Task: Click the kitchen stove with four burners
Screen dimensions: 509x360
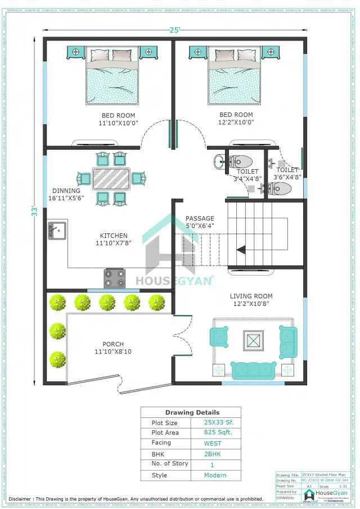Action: (x=114, y=278)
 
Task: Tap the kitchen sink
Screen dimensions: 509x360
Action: (x=57, y=230)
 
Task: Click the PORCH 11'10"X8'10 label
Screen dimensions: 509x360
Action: (x=113, y=348)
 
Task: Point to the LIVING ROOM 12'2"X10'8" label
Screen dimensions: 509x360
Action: (x=251, y=300)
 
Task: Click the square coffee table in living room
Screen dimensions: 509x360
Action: (x=253, y=341)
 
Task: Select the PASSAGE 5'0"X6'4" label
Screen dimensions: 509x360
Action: (x=200, y=222)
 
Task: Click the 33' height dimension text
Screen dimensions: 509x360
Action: (x=34, y=211)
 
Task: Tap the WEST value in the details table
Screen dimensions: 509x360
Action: (x=213, y=443)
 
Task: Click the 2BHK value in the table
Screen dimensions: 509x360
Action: (x=213, y=454)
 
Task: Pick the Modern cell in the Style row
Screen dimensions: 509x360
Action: (x=215, y=475)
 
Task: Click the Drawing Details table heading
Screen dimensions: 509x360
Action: (x=192, y=412)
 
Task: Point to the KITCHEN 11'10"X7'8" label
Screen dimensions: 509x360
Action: (x=114, y=240)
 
